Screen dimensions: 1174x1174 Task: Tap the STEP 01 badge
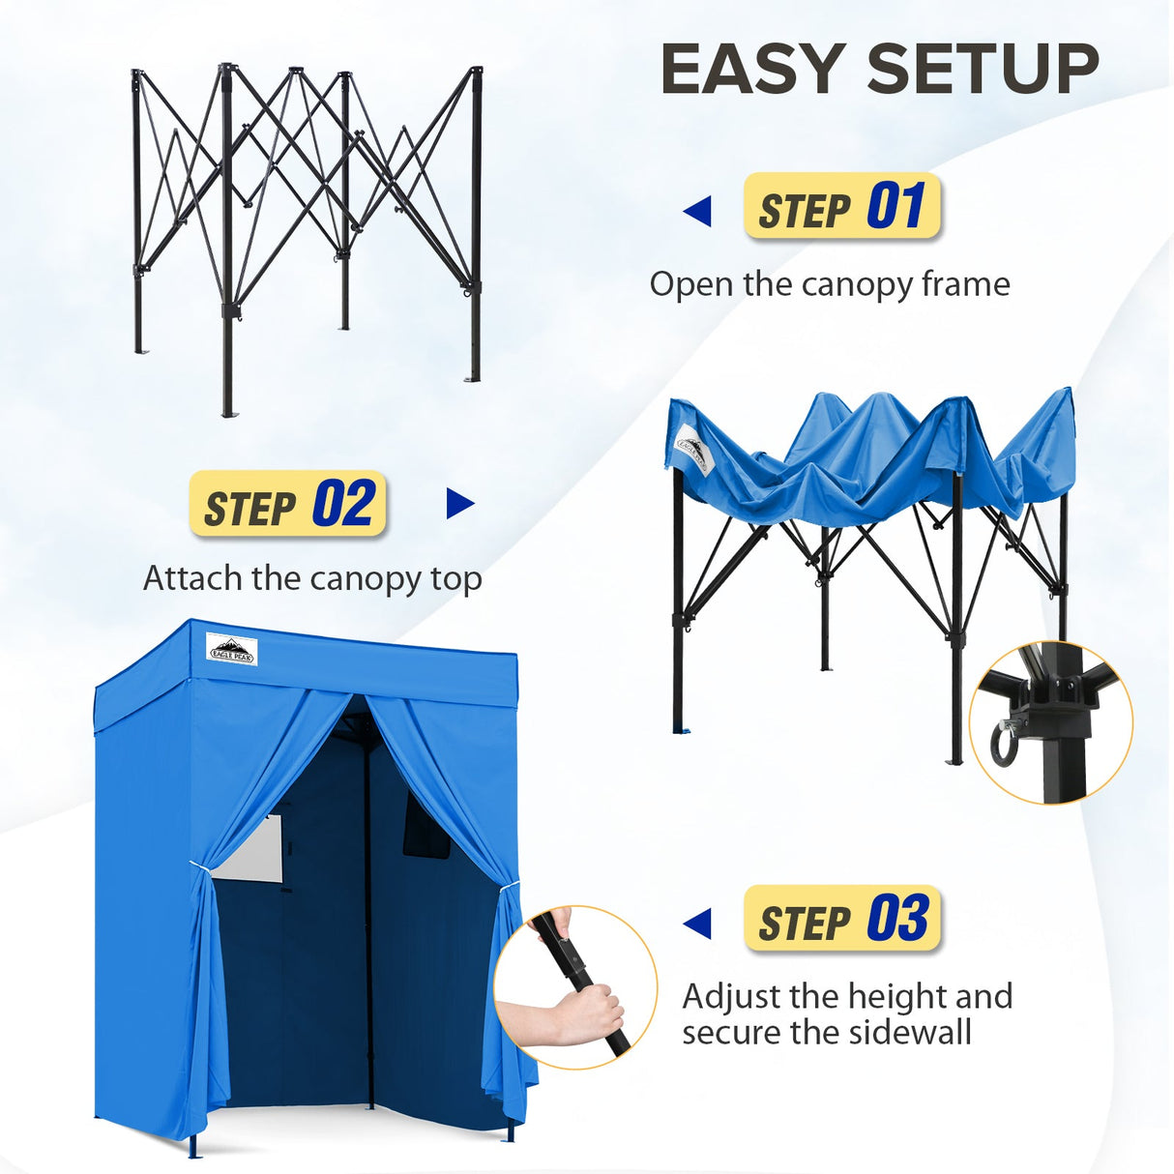coord(841,207)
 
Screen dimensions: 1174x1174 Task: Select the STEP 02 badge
coord(288,504)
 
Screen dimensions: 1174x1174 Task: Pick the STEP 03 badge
coord(841,919)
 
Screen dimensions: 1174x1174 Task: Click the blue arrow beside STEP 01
coord(696,211)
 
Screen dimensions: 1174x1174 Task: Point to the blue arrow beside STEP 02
coord(460,504)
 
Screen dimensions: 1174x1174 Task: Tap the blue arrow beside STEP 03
coord(696,924)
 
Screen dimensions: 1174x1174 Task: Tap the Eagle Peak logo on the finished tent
coord(231,649)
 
